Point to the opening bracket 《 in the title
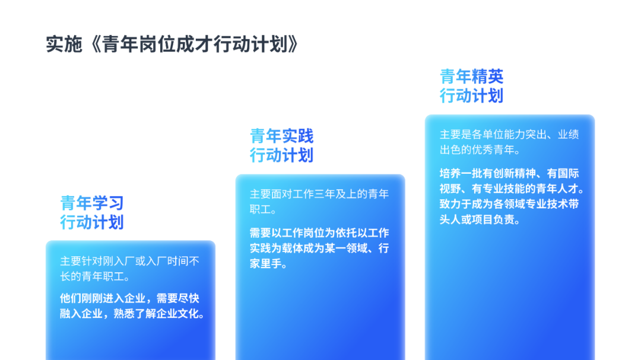(94, 44)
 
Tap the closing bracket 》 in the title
(293, 44)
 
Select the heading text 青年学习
(92, 203)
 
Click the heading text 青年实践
(282, 136)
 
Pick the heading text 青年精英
(471, 77)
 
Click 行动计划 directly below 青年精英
(471, 96)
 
